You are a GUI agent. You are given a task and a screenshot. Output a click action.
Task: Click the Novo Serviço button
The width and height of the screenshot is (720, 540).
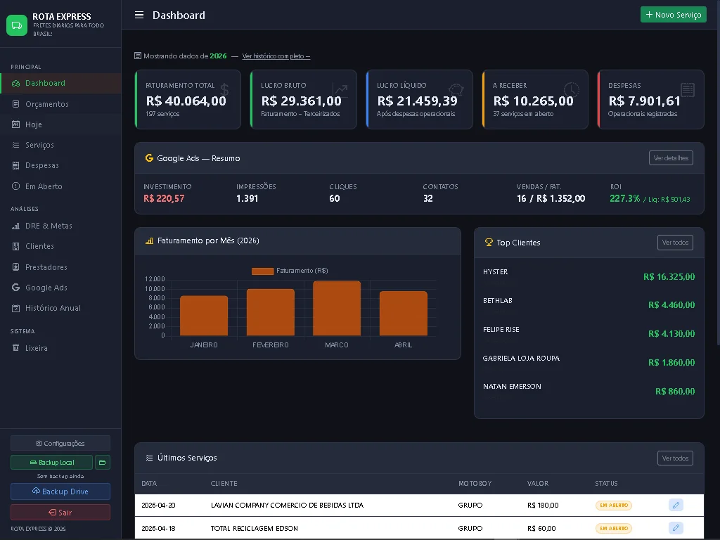coord(673,15)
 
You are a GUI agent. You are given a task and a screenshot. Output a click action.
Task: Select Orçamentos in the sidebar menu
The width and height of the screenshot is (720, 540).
coord(46,104)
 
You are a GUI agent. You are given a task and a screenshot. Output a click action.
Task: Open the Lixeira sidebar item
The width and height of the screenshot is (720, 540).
coord(36,348)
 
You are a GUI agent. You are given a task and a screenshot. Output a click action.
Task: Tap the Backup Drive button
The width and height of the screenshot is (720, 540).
coord(60,491)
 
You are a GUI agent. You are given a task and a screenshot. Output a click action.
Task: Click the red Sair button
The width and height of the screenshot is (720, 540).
coord(60,513)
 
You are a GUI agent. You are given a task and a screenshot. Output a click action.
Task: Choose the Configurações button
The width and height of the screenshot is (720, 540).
coord(60,443)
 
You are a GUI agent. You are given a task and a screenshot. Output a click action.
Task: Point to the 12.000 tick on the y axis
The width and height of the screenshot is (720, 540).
coord(155,279)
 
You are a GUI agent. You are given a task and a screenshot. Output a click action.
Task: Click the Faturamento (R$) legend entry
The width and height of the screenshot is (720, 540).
coord(290,271)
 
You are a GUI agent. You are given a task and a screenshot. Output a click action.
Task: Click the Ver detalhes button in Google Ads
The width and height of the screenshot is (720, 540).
coord(670,158)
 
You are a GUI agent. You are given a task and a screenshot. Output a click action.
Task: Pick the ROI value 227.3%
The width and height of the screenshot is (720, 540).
coord(624,199)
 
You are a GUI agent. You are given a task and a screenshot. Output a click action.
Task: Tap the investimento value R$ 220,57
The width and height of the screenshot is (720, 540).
coord(164,199)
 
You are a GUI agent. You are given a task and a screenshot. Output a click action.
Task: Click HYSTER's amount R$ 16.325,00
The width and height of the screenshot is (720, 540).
coord(669,277)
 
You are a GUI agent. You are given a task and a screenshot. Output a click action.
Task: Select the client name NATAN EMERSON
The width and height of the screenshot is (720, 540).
coord(512,387)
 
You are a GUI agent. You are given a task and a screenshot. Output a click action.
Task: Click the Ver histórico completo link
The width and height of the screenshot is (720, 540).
coord(276,56)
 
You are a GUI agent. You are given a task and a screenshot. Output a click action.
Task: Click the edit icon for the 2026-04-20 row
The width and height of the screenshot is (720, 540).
coord(675,505)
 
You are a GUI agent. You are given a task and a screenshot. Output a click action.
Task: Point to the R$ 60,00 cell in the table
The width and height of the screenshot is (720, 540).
coord(541,528)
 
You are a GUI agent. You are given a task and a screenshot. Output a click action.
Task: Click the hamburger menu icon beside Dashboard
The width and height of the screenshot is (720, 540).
coord(139,15)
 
